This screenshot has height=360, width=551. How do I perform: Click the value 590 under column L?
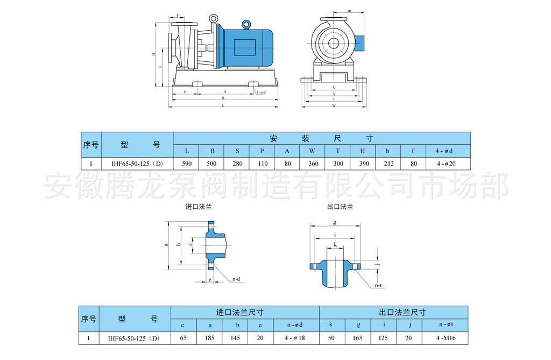click(x=186, y=164)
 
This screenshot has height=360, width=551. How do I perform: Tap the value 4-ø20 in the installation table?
click(x=448, y=164)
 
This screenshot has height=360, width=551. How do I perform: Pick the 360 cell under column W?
click(x=313, y=164)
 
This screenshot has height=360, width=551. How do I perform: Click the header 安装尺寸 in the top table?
click(x=321, y=138)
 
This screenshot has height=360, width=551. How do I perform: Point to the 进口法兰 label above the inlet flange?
click(x=199, y=207)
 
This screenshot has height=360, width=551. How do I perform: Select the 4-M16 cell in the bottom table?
click(x=447, y=338)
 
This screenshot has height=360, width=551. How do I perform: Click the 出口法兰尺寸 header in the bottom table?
click(x=395, y=312)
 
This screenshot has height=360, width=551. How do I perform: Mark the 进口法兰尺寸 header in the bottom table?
click(x=245, y=312)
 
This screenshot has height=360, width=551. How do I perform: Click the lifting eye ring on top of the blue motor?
click(x=246, y=24)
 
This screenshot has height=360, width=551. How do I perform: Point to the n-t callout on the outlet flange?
click(x=378, y=285)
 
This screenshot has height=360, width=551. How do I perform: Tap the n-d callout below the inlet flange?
click(x=236, y=279)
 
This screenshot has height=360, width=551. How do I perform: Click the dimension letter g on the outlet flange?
click(x=335, y=222)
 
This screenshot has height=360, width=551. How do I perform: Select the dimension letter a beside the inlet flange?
click(x=166, y=245)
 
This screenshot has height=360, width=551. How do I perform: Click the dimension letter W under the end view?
click(x=334, y=105)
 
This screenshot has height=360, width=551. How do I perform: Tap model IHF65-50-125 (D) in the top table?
click(x=137, y=164)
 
